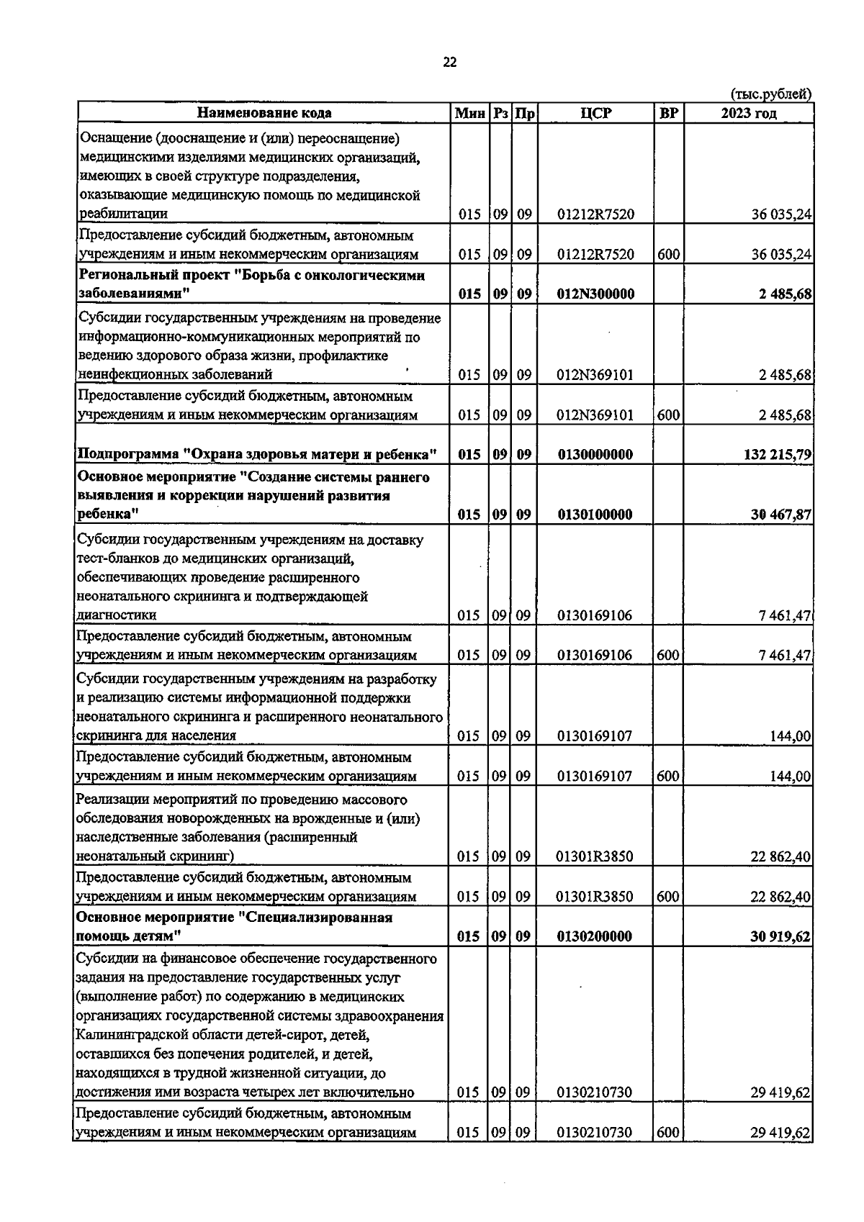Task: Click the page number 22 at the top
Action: click(449, 63)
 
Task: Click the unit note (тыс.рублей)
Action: click(771, 94)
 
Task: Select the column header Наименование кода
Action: click(264, 114)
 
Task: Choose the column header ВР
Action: click(668, 114)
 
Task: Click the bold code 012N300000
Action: click(595, 294)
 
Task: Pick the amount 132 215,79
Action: click(777, 455)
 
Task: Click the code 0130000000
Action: click(595, 455)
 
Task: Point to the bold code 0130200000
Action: click(595, 937)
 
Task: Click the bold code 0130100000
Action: click(595, 515)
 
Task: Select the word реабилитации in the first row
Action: click(123, 214)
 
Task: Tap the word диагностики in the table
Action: click(116, 615)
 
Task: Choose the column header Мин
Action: click(470, 114)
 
